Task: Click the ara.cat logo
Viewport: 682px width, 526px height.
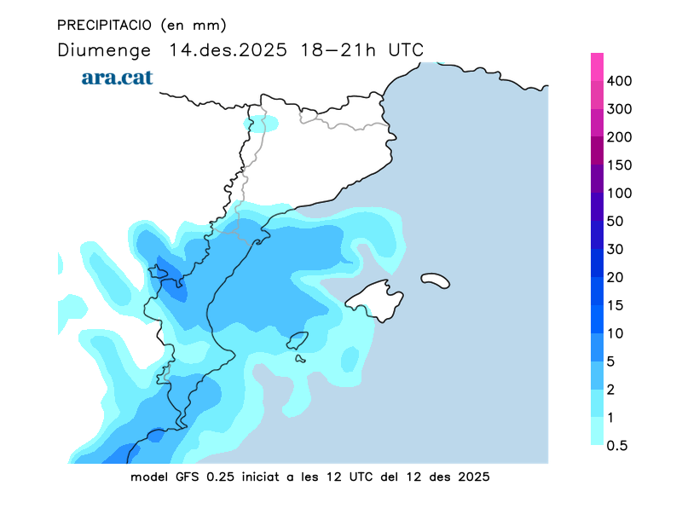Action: tap(117, 77)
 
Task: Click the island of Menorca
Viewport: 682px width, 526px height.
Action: tap(435, 279)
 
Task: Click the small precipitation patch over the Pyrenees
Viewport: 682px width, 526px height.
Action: tap(261, 124)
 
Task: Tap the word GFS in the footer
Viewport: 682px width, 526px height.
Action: tap(186, 477)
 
